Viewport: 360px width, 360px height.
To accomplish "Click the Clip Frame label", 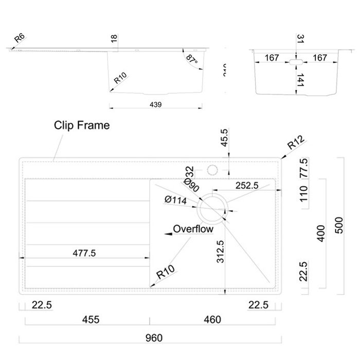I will coord(82,125).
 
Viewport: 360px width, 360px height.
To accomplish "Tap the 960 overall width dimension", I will coord(154,338).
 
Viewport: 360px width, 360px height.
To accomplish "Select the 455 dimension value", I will coord(90,319).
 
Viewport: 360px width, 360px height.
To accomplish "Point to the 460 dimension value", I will coord(211,319).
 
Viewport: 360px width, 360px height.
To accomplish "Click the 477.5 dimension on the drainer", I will coord(84,253).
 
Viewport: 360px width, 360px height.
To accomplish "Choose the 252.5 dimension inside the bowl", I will coord(246,186).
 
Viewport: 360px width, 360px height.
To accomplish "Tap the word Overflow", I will coord(193,230).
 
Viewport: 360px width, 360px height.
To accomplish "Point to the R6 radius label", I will coord(20,38).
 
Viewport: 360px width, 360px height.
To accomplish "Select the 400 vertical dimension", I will coord(321,233).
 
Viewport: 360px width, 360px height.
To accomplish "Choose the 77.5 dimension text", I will coord(304,167).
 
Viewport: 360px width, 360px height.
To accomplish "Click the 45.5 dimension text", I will coord(224,139).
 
